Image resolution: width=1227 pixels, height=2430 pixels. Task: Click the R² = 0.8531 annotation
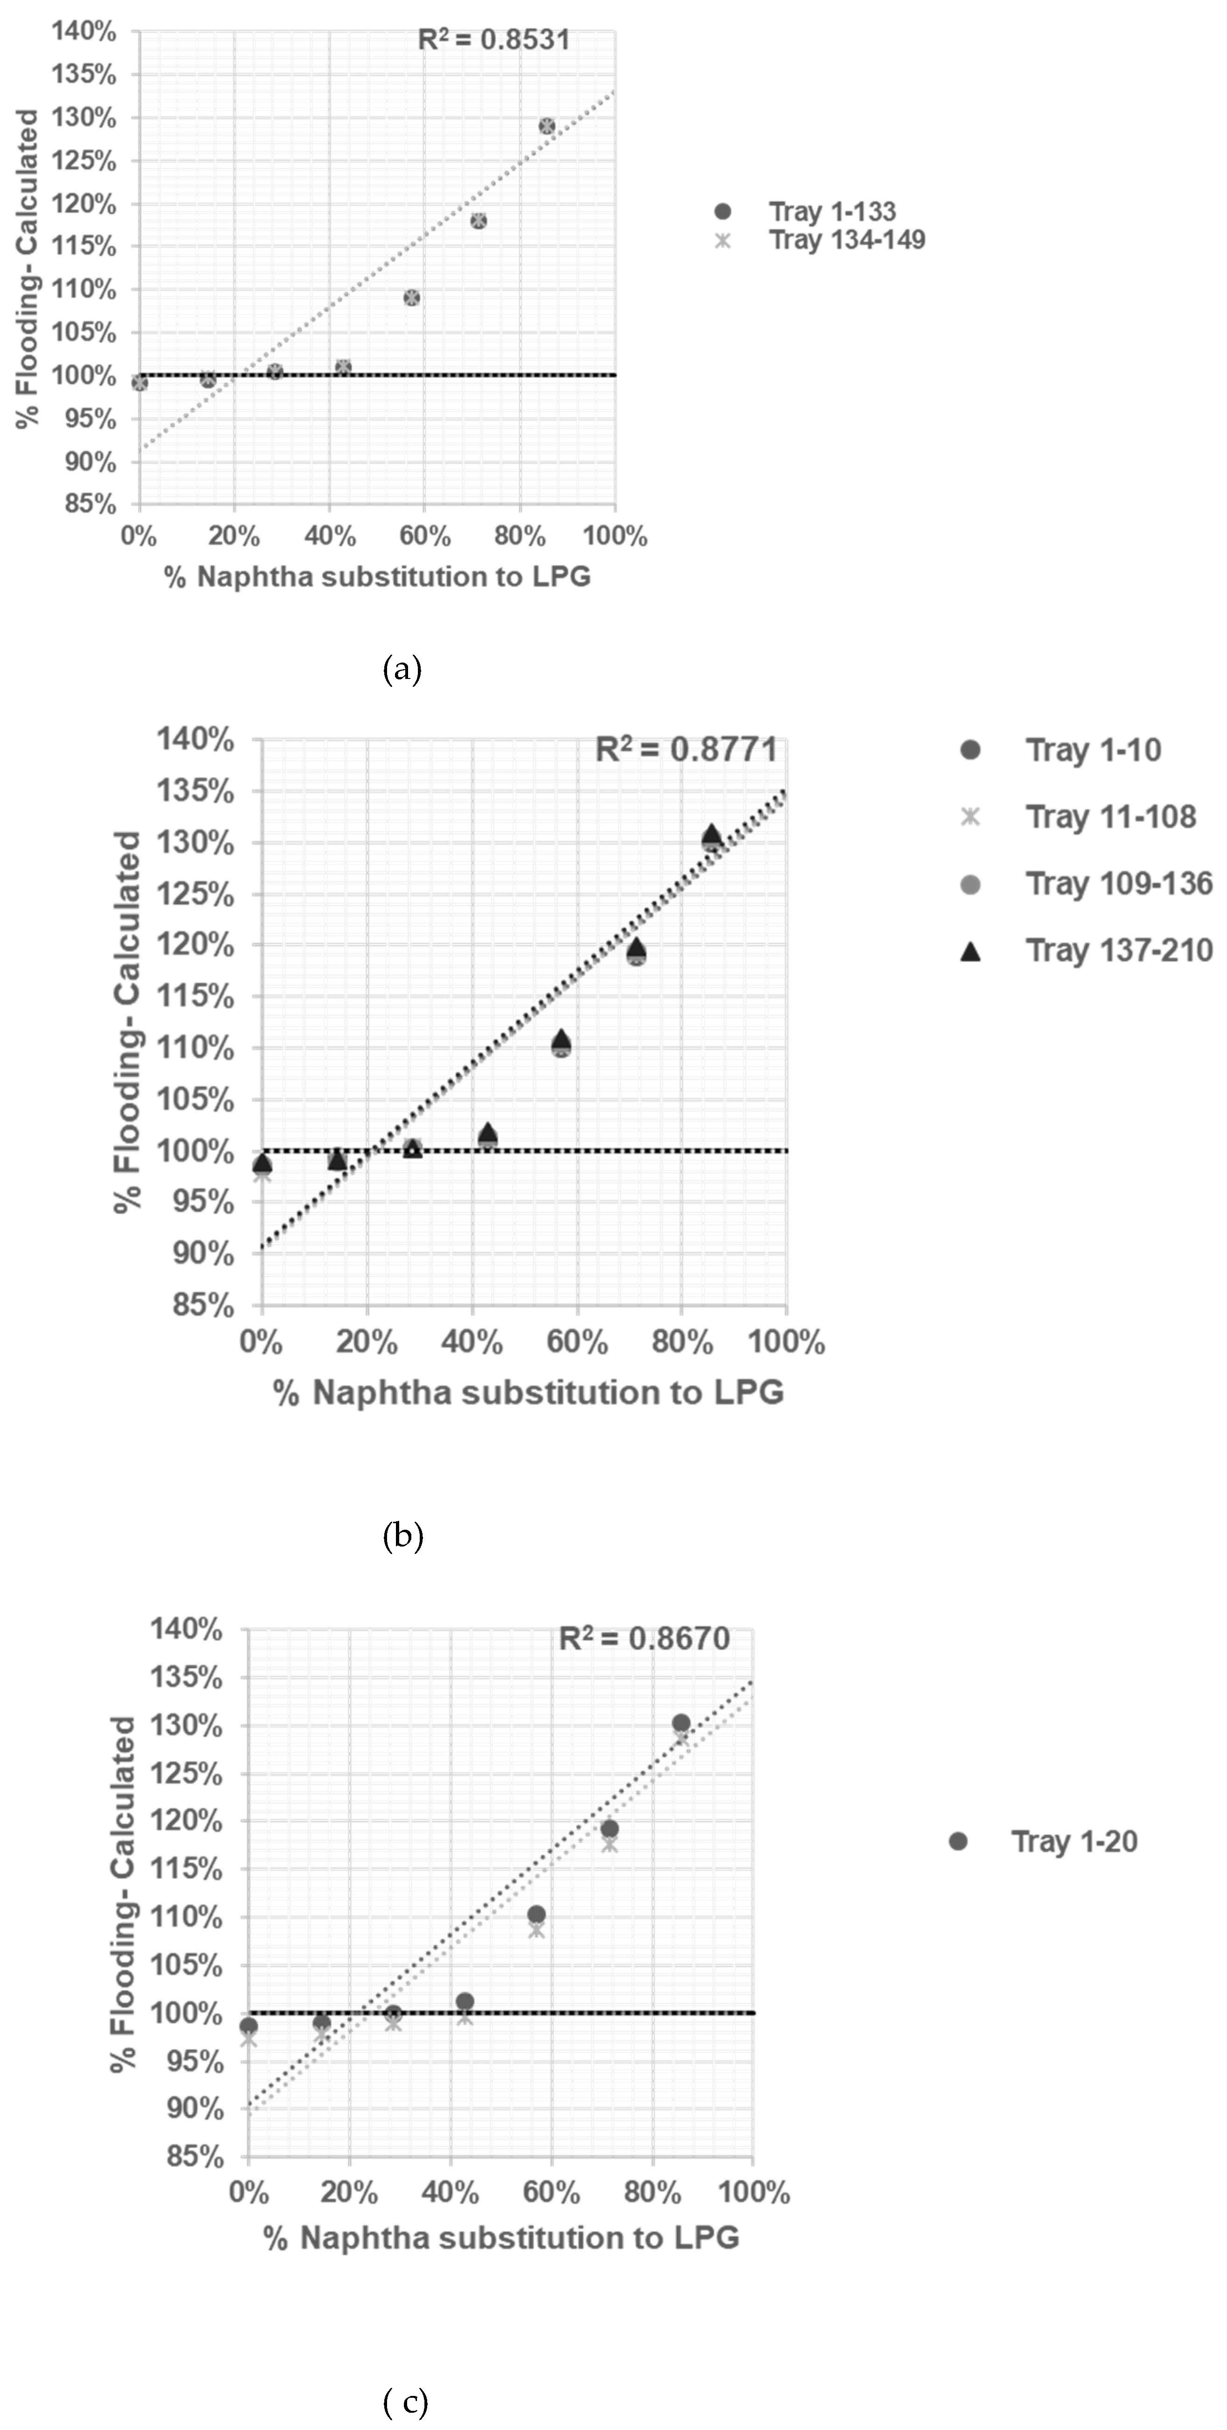(494, 40)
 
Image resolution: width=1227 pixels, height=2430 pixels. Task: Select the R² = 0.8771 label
(687, 750)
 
